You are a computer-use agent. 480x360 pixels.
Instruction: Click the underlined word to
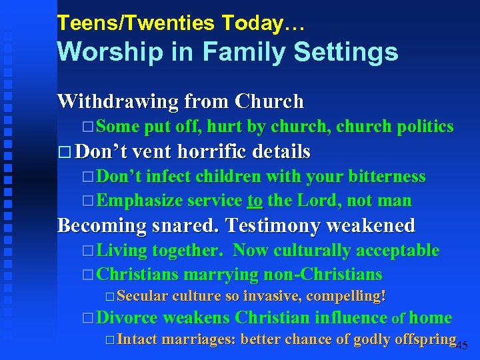click(x=255, y=201)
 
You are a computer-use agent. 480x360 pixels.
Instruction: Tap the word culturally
click(x=308, y=251)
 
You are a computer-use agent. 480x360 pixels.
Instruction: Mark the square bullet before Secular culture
click(x=110, y=296)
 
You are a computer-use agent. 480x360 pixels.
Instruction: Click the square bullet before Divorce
click(x=89, y=319)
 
